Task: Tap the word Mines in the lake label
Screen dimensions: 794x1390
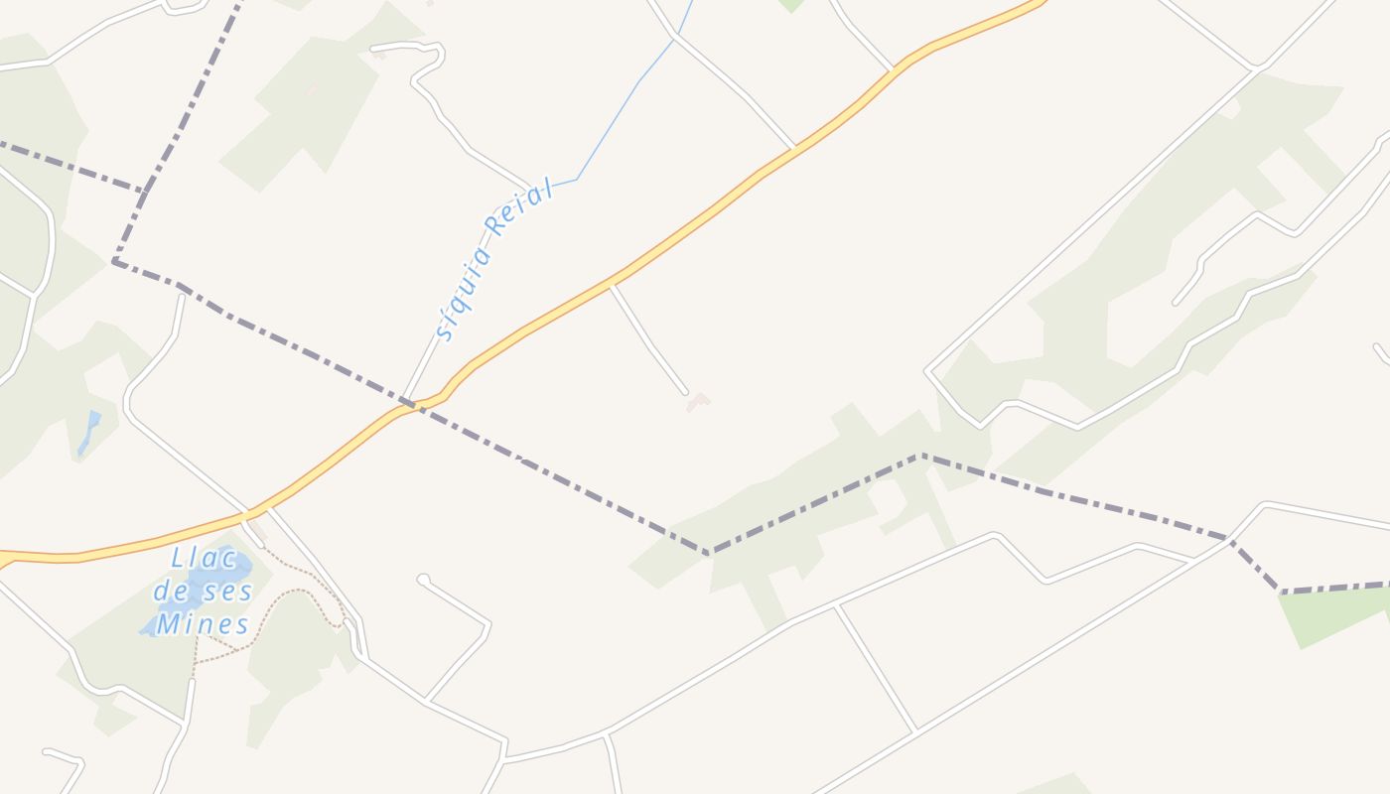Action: click(x=203, y=625)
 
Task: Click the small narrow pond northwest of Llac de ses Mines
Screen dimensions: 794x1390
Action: click(x=89, y=433)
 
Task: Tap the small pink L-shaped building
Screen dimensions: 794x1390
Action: click(x=699, y=401)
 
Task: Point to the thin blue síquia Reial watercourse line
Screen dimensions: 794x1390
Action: click(x=616, y=119)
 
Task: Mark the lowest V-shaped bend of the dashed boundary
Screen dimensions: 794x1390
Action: click(x=709, y=553)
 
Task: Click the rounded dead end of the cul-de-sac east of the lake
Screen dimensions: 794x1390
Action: click(x=423, y=579)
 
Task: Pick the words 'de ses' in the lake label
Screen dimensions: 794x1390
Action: click(x=203, y=592)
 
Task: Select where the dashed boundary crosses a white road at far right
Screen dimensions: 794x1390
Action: click(x=1231, y=540)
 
